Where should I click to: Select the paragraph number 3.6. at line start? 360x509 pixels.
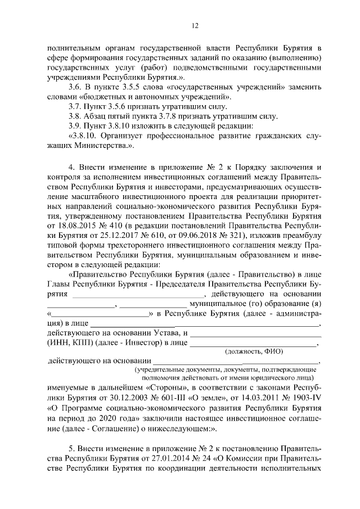tap(74, 87)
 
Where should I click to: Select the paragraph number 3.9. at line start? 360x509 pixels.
tap(74, 125)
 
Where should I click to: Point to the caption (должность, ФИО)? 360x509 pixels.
tap(254, 351)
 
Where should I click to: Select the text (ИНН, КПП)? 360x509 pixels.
tap(71, 342)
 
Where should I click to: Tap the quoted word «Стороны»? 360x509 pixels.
tap(164, 388)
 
